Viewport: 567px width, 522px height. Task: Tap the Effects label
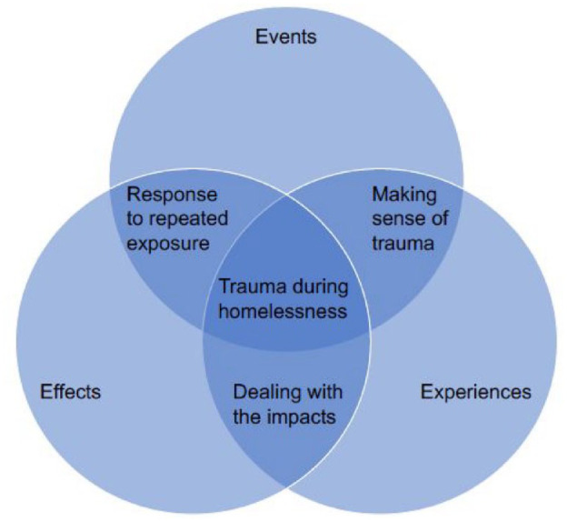70,393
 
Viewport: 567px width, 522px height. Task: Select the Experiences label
475,393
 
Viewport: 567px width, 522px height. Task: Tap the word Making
404,196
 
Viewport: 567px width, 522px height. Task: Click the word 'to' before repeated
135,220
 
